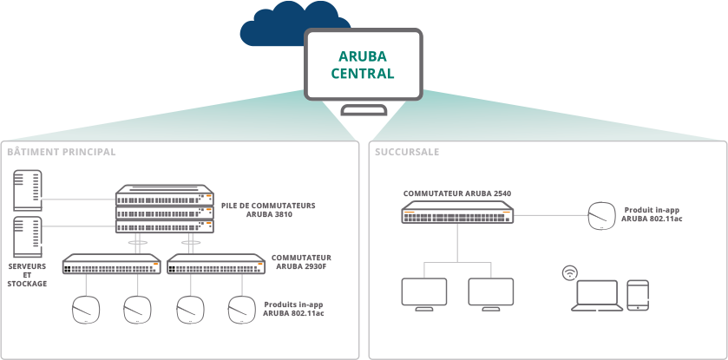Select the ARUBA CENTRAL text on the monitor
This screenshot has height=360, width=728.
pos(363,65)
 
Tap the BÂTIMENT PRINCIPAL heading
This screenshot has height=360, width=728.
pos(62,152)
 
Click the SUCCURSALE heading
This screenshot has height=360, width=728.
pos(407,152)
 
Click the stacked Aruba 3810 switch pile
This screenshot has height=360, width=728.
pos(164,210)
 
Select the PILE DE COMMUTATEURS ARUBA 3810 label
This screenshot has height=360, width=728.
pos(268,209)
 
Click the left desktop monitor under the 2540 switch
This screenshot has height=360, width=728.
pos(423,294)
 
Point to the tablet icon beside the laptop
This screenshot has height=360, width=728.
pos(639,295)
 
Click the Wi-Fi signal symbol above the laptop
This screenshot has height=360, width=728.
pos(570,272)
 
